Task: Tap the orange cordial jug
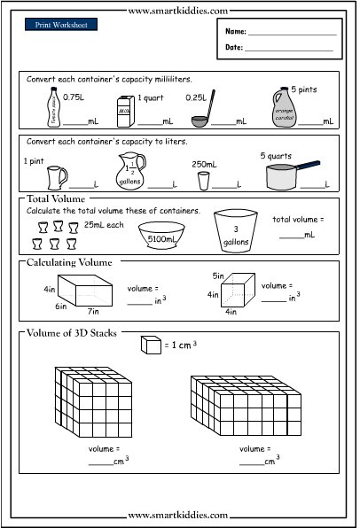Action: [285, 108]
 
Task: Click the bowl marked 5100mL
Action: [161, 233]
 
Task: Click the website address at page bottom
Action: [179, 515]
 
